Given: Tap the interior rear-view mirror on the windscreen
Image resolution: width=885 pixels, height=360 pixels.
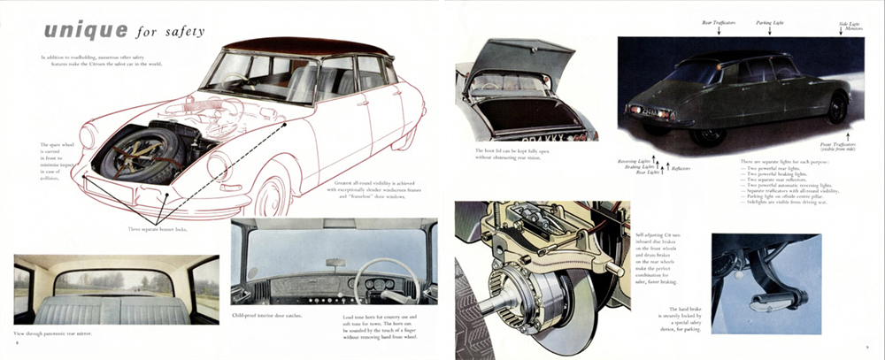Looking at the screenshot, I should pyautogui.click(x=335, y=262).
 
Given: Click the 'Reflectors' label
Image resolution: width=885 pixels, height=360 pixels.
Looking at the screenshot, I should pyautogui.click(x=681, y=167).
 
